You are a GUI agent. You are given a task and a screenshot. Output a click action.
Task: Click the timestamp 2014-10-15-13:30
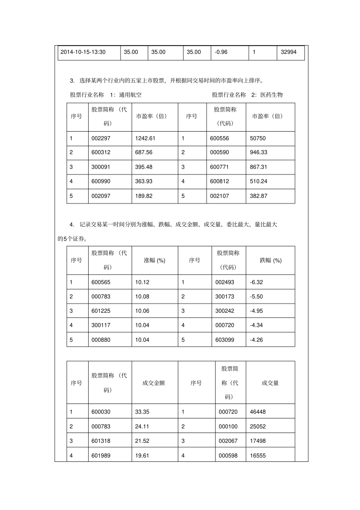[x=83, y=52]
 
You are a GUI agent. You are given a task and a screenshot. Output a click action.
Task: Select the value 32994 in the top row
[x=289, y=52]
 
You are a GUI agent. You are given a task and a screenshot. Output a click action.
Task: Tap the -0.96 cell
[x=221, y=52]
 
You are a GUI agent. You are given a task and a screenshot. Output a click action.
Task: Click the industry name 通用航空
[x=130, y=95]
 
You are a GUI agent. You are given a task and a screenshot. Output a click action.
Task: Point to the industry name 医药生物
[x=272, y=95]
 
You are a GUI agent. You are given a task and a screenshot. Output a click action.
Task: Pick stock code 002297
[x=101, y=138]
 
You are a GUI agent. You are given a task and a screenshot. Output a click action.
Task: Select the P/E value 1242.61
[x=145, y=138]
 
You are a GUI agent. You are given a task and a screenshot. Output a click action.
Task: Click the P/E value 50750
[x=258, y=138]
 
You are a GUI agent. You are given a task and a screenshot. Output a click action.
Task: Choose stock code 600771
[x=219, y=167]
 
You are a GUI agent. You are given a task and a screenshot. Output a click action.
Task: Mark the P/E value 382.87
[x=258, y=196]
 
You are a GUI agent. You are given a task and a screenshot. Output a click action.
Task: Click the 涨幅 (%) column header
[x=155, y=260]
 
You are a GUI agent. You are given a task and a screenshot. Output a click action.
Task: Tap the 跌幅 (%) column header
[x=271, y=260]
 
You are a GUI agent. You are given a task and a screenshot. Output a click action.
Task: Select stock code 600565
[x=101, y=282]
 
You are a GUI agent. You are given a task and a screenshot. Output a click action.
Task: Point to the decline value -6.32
[x=257, y=282]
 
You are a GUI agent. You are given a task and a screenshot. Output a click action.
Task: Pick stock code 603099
[x=225, y=340]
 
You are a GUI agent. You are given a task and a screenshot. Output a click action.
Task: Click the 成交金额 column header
[x=153, y=383]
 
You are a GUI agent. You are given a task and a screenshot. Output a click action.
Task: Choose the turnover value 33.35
[x=142, y=412]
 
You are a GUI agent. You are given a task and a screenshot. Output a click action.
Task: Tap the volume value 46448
[x=258, y=412]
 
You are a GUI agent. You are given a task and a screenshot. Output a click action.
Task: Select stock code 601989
[x=101, y=455]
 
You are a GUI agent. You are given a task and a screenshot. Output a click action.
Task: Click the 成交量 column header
[x=270, y=383]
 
